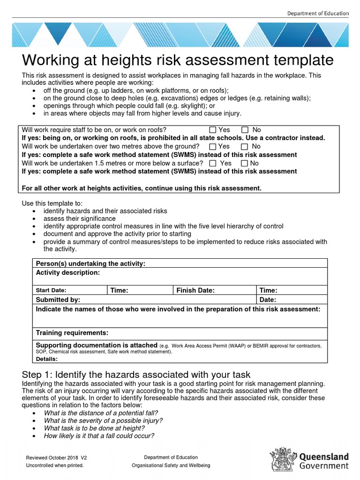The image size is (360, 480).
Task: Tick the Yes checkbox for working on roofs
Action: point(213,130)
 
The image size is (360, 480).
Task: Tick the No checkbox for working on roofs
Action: point(245,130)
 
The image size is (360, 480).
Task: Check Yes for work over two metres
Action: point(213,147)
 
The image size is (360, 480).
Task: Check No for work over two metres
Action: point(244,147)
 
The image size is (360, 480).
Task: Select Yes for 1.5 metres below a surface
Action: point(213,164)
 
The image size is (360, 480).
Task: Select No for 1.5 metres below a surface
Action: point(244,164)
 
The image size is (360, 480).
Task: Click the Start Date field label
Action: point(51,291)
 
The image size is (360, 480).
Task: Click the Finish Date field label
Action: point(195,291)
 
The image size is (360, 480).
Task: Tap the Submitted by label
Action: point(58,300)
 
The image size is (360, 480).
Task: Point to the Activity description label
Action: point(67,272)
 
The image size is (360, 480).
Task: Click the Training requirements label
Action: point(72,333)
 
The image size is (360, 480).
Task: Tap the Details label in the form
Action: point(46,359)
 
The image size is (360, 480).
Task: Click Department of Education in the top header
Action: point(318,13)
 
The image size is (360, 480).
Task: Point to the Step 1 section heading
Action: point(136,375)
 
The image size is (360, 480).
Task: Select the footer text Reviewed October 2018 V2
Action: point(56,457)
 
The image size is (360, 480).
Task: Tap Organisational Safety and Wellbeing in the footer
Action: point(171,465)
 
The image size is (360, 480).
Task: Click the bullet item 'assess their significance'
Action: point(79,218)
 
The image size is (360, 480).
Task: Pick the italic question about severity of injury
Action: point(103,420)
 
